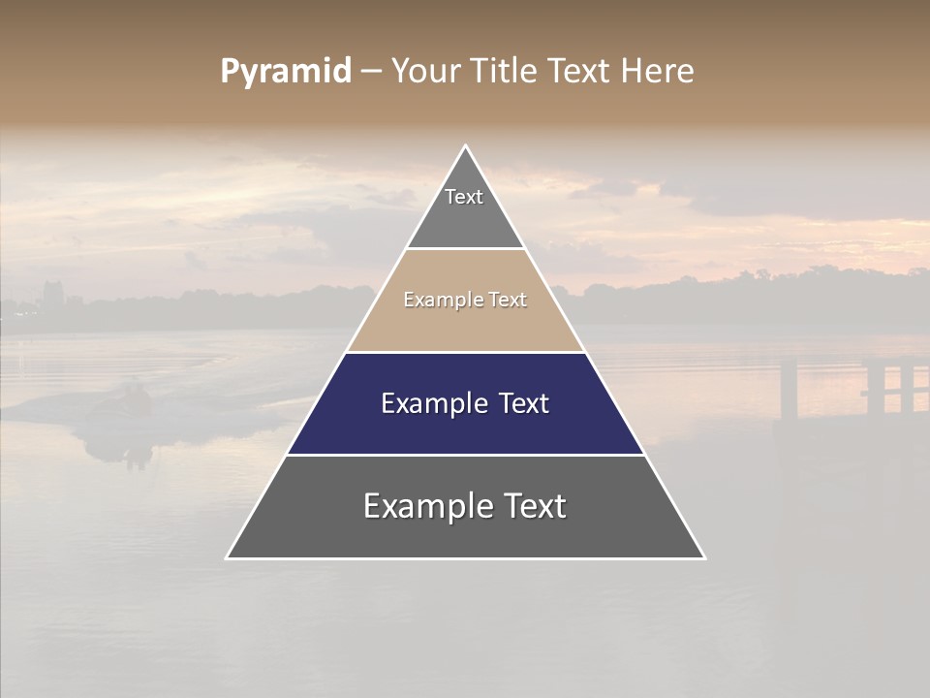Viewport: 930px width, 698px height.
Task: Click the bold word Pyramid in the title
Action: pos(286,72)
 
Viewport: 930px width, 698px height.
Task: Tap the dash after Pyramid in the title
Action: pos(371,72)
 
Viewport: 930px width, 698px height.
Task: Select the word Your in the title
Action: pos(425,72)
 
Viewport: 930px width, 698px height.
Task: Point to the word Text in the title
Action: pos(579,72)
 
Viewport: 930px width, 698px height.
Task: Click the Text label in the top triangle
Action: pos(464,197)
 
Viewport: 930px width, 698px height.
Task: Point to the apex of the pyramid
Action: pos(466,146)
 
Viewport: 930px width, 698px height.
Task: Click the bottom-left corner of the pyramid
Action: pos(228,557)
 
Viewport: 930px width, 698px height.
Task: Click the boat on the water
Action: pos(126,407)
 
